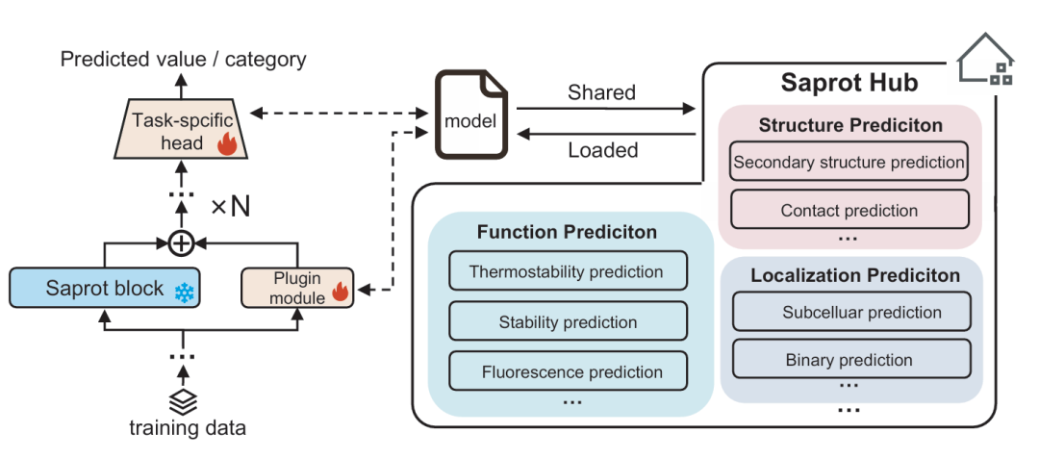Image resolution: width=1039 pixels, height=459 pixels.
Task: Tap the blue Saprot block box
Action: pyautogui.click(x=103, y=289)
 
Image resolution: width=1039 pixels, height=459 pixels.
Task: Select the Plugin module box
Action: pyautogui.click(x=296, y=289)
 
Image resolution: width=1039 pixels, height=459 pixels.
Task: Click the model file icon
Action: pyautogui.click(x=470, y=115)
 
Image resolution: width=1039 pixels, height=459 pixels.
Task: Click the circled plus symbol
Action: pyautogui.click(x=181, y=243)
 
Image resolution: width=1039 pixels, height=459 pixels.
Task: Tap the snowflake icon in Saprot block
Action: pyautogui.click(x=183, y=291)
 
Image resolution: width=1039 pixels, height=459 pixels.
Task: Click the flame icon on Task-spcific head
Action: pyautogui.click(x=226, y=144)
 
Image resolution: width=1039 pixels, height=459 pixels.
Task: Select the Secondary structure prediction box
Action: pyautogui.click(x=848, y=163)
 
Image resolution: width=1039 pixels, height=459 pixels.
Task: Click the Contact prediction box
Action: pyautogui.click(x=848, y=210)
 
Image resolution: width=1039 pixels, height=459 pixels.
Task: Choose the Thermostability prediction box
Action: pyautogui.click(x=568, y=271)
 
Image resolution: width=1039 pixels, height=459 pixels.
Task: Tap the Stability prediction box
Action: pyautogui.click(x=568, y=321)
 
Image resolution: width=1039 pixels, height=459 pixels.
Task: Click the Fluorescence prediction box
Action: pyautogui.click(x=568, y=371)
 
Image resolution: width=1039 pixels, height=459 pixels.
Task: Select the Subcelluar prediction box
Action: pyautogui.click(x=848, y=312)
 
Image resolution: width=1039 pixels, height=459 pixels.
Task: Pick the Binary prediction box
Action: pyautogui.click(x=848, y=360)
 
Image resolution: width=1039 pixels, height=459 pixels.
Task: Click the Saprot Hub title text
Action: pyautogui.click(x=849, y=82)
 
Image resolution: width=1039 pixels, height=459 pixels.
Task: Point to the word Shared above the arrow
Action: pyautogui.click(x=601, y=92)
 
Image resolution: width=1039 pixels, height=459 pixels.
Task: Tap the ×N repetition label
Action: pyautogui.click(x=230, y=206)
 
